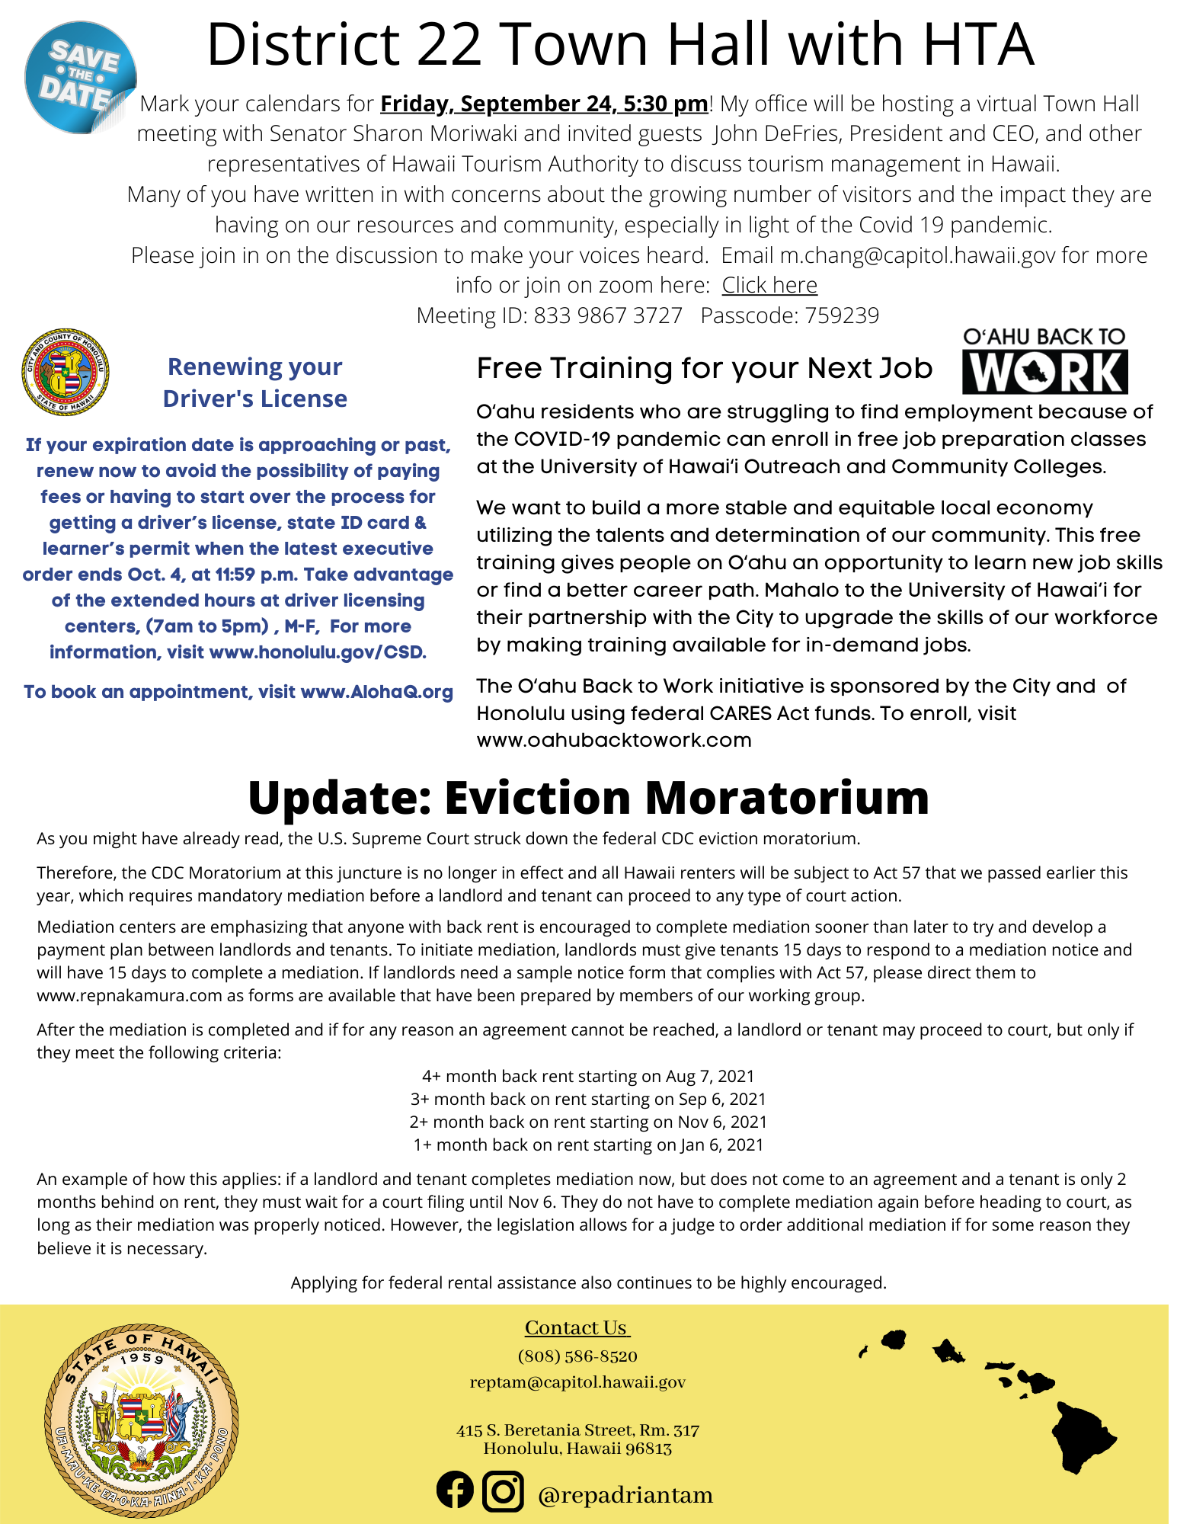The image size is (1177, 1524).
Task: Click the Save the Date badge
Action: coord(80,78)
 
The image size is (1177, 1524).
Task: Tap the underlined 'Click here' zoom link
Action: coord(769,285)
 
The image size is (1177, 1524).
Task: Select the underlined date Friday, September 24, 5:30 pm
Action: coord(544,104)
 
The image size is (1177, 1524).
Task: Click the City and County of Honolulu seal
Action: coord(66,373)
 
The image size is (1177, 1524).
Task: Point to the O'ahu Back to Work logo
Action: coord(1044,361)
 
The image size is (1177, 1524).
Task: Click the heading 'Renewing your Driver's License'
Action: coord(254,383)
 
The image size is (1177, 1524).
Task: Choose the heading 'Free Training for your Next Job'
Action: coord(704,368)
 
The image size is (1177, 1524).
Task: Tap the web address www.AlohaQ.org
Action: coord(377,692)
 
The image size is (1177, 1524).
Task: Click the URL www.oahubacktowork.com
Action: coord(614,740)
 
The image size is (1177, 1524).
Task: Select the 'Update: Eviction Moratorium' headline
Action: coord(588,798)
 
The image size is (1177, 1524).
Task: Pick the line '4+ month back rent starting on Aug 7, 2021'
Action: coord(588,1076)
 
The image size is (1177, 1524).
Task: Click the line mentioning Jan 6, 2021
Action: coord(588,1145)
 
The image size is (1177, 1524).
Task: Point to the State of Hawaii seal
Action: coord(142,1420)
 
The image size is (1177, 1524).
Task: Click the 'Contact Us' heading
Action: coord(577,1327)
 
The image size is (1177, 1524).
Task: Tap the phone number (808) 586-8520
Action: coord(577,1356)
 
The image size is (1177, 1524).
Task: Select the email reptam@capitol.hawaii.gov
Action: coord(577,1382)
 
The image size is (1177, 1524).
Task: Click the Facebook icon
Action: coord(455,1490)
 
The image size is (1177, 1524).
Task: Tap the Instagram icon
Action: coord(503,1490)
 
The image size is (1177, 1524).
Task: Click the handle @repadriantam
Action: coord(625,1495)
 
